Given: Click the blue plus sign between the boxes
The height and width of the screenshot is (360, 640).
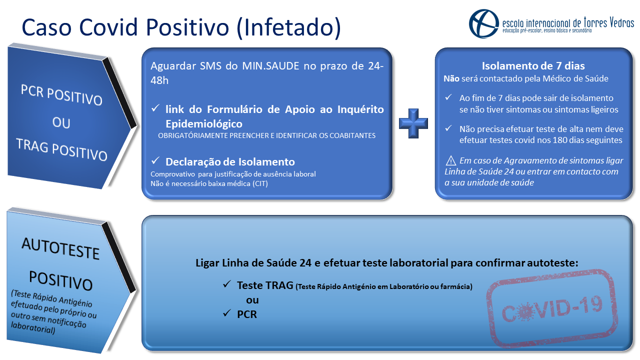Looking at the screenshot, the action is (x=413, y=123).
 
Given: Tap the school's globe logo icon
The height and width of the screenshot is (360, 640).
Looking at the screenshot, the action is (x=483, y=23).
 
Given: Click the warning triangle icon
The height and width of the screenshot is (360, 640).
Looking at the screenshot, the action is (x=451, y=160).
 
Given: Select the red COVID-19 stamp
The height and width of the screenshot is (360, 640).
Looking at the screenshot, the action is (x=552, y=308).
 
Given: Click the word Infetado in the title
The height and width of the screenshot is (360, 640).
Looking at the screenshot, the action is (x=289, y=27).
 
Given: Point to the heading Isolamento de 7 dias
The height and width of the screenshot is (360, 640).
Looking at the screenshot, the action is (x=533, y=66).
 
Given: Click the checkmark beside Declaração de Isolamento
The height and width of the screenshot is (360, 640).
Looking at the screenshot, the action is (x=155, y=161).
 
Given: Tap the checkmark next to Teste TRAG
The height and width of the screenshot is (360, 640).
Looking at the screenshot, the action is (x=227, y=284).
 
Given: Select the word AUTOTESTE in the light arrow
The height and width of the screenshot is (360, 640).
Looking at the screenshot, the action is (x=60, y=248).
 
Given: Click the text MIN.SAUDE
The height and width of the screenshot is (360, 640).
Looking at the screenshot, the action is (x=270, y=66).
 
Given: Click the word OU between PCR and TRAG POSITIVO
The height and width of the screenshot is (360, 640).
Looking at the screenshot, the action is (x=61, y=123).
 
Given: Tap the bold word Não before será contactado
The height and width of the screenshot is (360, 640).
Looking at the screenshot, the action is (x=451, y=78).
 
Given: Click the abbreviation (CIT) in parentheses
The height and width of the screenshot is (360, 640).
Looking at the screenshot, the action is (x=260, y=183).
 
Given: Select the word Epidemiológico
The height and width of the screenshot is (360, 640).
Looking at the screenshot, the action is (x=204, y=124).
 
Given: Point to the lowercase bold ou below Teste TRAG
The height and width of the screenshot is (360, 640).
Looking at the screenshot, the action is (x=252, y=300).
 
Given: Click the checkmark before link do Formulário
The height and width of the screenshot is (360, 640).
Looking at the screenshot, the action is (x=155, y=108).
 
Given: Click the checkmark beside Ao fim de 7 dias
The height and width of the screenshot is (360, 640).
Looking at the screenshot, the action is (x=448, y=97).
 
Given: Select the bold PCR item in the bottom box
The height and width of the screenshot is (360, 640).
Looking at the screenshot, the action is (x=247, y=314).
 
